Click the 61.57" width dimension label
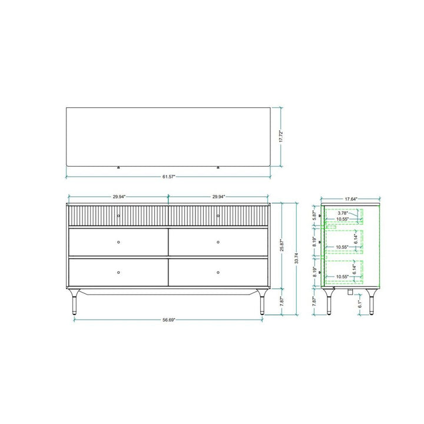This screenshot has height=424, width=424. click(x=169, y=177)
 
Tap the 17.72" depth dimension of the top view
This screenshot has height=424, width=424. click(x=281, y=137)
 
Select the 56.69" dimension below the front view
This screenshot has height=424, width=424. click(x=169, y=320)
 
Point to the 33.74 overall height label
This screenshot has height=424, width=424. click(x=297, y=259)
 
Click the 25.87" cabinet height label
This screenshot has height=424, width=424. click(x=281, y=246)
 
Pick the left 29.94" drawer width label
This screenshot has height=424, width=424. click(x=119, y=197)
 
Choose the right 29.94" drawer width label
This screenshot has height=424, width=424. click(x=218, y=197)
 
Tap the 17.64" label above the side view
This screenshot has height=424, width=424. click(x=351, y=199)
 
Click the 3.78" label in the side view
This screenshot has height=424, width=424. click(x=343, y=213)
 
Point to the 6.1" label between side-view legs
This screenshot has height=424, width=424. click(x=359, y=304)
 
